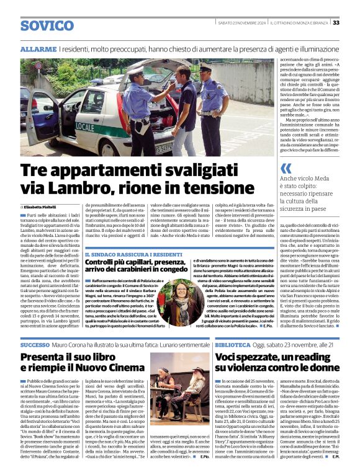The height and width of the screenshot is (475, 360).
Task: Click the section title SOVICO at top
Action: coord(47,25)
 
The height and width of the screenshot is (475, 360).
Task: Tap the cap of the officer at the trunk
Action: coord(135,72)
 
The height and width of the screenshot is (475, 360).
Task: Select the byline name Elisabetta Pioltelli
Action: coord(43,206)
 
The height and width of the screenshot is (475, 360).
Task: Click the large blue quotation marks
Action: coord(286,168)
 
